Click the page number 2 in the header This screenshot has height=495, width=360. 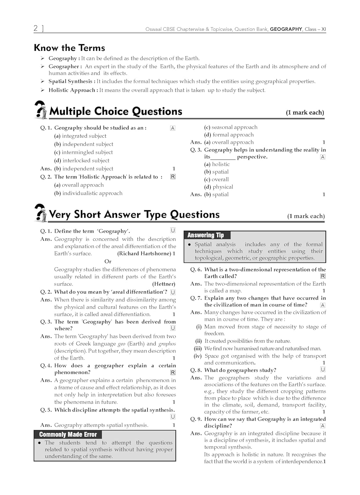click(x=36, y=28)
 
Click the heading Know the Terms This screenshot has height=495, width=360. click(x=69, y=48)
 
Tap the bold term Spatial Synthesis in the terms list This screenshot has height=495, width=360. click(x=70, y=82)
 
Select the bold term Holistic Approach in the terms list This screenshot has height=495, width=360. click(x=72, y=90)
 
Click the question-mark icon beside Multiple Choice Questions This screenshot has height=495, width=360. click(x=41, y=110)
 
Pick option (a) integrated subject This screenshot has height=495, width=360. click(x=80, y=136)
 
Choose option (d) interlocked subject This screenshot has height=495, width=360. click(x=82, y=160)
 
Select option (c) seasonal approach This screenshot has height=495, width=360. click(x=231, y=127)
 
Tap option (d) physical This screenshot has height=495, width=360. click(x=218, y=187)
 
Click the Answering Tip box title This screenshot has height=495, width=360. click(x=206, y=235)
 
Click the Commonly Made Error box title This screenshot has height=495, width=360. click(x=68, y=435)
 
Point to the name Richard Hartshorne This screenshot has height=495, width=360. click(x=144, y=253)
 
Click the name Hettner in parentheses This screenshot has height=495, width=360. click(x=164, y=284)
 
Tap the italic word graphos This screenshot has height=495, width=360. click(x=167, y=344)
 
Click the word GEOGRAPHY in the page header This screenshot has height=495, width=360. click(x=286, y=29)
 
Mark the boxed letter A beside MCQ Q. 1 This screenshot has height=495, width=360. click(x=173, y=128)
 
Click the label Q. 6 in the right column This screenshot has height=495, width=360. click(x=196, y=270)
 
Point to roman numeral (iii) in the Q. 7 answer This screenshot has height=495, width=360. click(x=198, y=348)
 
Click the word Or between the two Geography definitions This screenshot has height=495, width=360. click(x=108, y=261)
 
